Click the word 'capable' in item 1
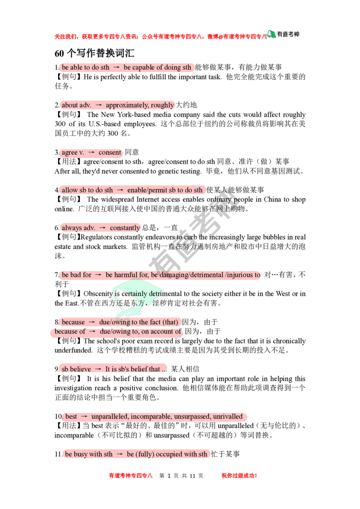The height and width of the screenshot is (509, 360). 144,67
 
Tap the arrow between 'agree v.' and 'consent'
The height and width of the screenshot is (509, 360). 91,152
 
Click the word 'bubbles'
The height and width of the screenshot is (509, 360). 265,237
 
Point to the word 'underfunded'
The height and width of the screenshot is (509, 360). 73,350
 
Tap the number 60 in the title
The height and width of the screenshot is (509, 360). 59,53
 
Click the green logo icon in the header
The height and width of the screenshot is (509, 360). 271,34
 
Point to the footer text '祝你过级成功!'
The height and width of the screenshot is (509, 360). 239,476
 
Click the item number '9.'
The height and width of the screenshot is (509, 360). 57,369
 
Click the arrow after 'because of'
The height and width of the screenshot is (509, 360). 93,331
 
